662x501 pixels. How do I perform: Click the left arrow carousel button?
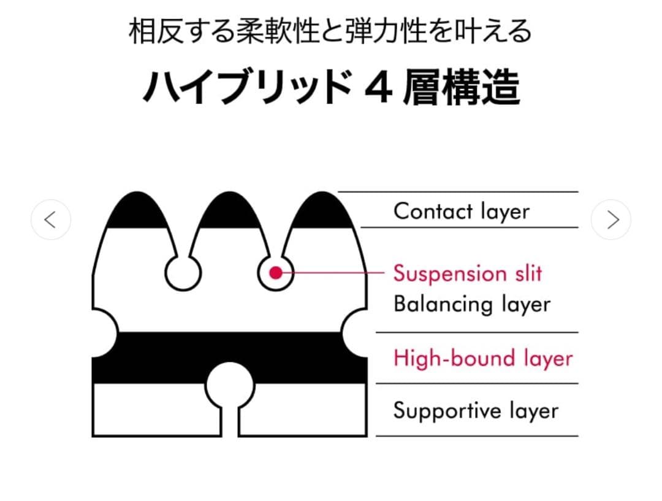[51, 220]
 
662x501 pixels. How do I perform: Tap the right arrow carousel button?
[611, 220]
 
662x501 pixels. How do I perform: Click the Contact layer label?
[461, 211]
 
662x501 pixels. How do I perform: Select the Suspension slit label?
[468, 273]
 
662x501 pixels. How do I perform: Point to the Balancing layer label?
[472, 304]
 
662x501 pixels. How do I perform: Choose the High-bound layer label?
[483, 358]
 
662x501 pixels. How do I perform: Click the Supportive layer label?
[476, 410]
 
